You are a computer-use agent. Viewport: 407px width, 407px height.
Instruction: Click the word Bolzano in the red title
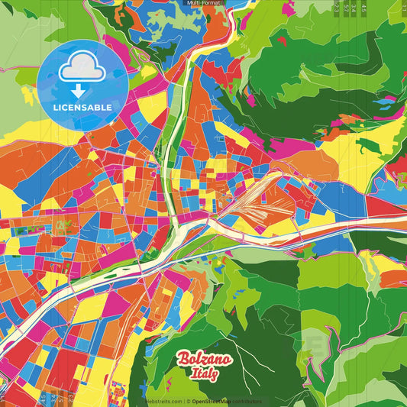coord(204,359)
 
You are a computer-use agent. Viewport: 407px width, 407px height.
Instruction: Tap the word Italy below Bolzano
coord(204,373)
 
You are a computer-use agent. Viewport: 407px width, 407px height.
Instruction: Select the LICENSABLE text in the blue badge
coord(82,107)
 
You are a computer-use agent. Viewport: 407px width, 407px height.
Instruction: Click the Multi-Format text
coord(203,3)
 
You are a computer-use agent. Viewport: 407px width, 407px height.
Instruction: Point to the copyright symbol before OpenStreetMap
coord(188,401)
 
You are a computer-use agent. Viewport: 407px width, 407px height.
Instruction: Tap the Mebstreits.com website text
coord(163,401)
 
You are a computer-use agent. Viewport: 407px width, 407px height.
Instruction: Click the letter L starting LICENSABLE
coord(56,107)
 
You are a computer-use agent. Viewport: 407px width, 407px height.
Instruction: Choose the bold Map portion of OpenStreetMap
coord(225,401)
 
